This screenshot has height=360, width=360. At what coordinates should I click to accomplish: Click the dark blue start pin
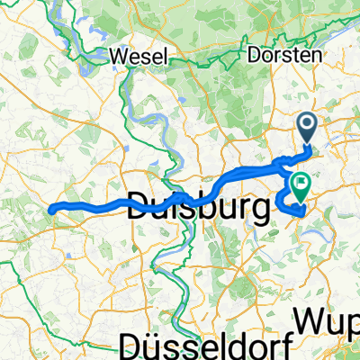(x=308, y=126)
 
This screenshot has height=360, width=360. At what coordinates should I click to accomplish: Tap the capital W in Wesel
(x=117, y=56)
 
